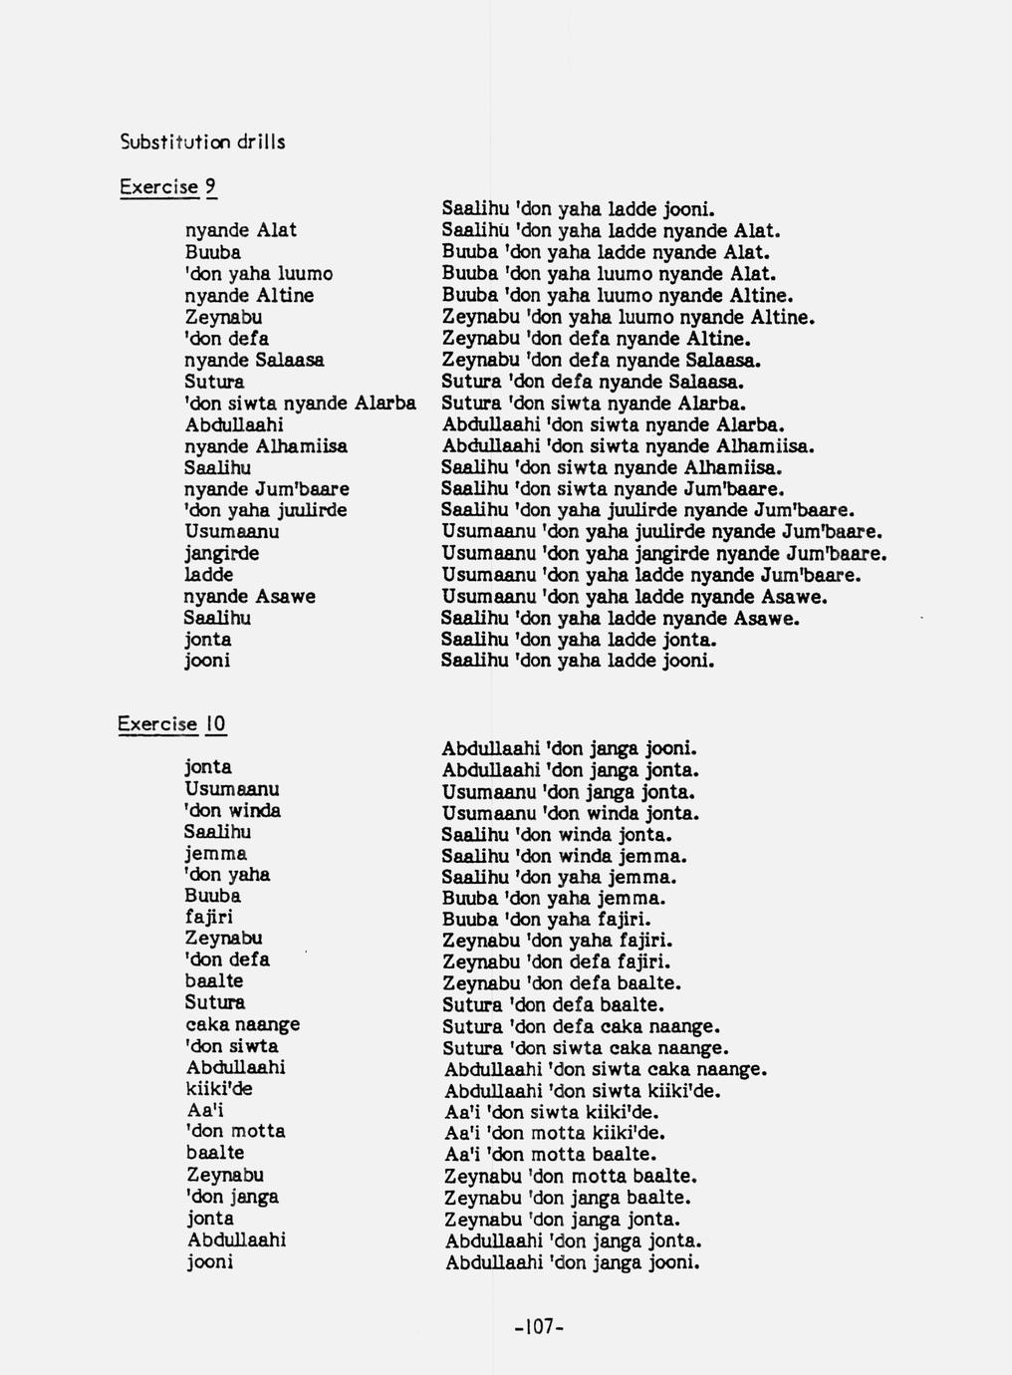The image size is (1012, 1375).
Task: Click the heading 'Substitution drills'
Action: [202, 142]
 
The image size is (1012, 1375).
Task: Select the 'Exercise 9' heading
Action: [167, 186]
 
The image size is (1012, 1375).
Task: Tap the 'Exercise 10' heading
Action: [172, 724]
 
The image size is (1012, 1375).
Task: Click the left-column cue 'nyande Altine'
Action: [249, 295]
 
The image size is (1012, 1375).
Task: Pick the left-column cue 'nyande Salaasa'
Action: [254, 360]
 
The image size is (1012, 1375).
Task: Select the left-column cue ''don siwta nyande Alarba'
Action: [300, 404]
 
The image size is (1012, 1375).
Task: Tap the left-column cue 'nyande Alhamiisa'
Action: [266, 446]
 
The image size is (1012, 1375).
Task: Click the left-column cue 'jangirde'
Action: [221, 553]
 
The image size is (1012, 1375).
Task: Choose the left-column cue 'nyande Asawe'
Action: [249, 596]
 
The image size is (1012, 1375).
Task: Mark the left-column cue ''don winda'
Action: [232, 811]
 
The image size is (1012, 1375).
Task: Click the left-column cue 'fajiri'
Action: [208, 917]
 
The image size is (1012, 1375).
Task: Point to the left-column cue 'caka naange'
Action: [242, 1024]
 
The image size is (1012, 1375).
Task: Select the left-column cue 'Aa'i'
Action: [206, 1110]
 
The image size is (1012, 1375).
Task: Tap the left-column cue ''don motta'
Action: [235, 1131]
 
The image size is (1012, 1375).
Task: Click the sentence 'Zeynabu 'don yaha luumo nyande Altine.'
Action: [629, 317]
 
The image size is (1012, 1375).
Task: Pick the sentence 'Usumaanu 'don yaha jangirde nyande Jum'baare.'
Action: [664, 553]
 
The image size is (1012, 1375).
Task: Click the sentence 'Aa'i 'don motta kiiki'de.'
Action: [555, 1133]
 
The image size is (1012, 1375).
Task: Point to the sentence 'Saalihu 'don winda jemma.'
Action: [565, 856]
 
